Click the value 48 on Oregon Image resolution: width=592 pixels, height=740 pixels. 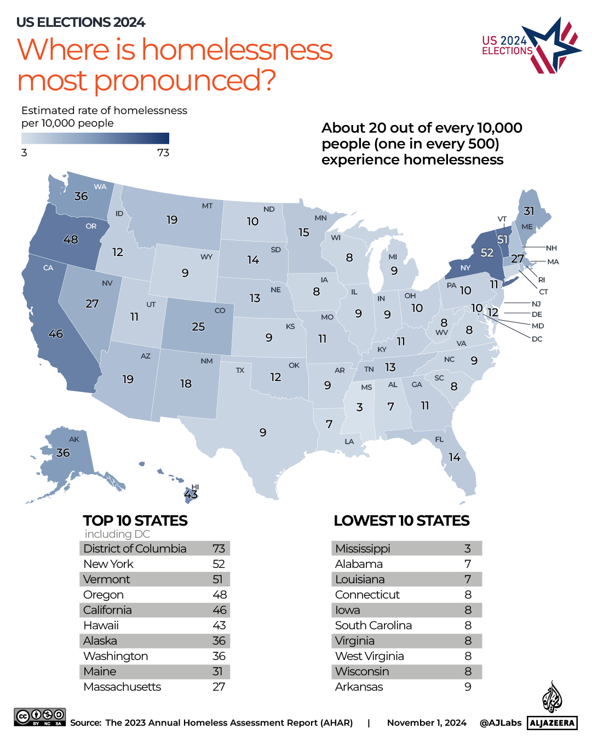[71, 240]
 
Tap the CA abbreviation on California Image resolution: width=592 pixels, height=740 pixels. [48, 268]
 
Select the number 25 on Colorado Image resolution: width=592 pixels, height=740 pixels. [198, 327]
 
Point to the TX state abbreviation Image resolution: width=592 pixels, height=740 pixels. [240, 371]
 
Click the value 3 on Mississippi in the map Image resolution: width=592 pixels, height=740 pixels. [359, 407]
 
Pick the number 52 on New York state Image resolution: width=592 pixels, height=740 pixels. [487, 253]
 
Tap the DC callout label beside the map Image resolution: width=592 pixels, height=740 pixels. [537, 339]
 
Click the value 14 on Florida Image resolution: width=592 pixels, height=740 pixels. [455, 457]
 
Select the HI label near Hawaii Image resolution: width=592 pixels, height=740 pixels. [196, 487]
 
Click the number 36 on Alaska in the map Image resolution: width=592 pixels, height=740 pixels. [63, 453]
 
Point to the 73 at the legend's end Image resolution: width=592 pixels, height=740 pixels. [163, 153]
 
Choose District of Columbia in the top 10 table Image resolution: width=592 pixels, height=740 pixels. [135, 549]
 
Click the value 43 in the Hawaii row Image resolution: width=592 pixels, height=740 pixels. [219, 625]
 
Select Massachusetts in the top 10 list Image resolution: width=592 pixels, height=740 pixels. [122, 687]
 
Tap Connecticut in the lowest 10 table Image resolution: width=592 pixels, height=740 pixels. [367, 595]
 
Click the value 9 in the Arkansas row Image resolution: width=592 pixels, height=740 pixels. [468, 687]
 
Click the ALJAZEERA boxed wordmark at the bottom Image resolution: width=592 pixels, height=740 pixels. [552, 723]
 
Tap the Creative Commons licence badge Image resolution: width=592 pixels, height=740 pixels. [40, 717]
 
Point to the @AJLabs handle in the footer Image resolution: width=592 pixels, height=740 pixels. [501, 723]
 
